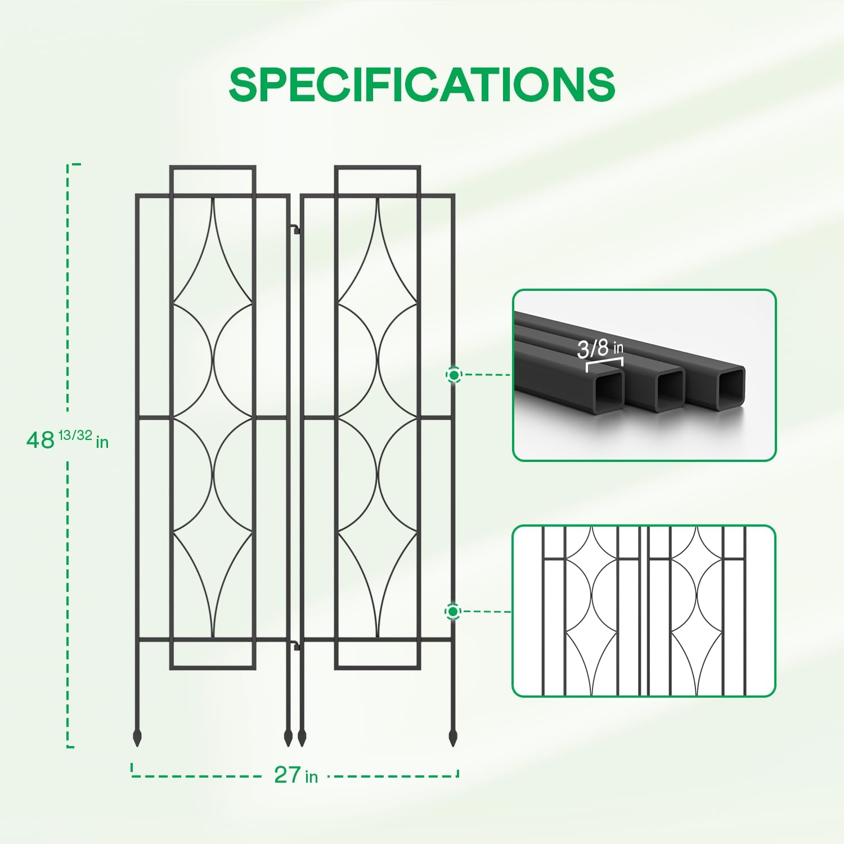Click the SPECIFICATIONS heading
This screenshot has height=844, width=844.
tap(422, 84)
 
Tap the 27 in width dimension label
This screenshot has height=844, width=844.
tap(296, 775)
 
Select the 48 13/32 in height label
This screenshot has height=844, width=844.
tap(68, 438)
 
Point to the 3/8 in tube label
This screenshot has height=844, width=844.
tap(600, 348)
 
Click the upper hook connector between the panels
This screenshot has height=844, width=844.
tap(295, 229)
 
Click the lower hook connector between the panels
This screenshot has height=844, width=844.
tap(295, 645)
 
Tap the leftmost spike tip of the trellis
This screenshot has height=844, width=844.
tap(137, 746)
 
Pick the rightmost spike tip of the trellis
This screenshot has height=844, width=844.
tap(453, 746)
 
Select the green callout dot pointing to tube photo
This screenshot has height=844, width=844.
tap(454, 374)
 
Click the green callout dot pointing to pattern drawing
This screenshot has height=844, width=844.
tap(453, 611)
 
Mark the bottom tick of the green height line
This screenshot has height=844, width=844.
tap(71, 747)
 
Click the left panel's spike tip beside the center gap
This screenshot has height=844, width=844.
tap(288, 746)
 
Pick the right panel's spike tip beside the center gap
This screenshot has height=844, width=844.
tap(302, 746)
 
